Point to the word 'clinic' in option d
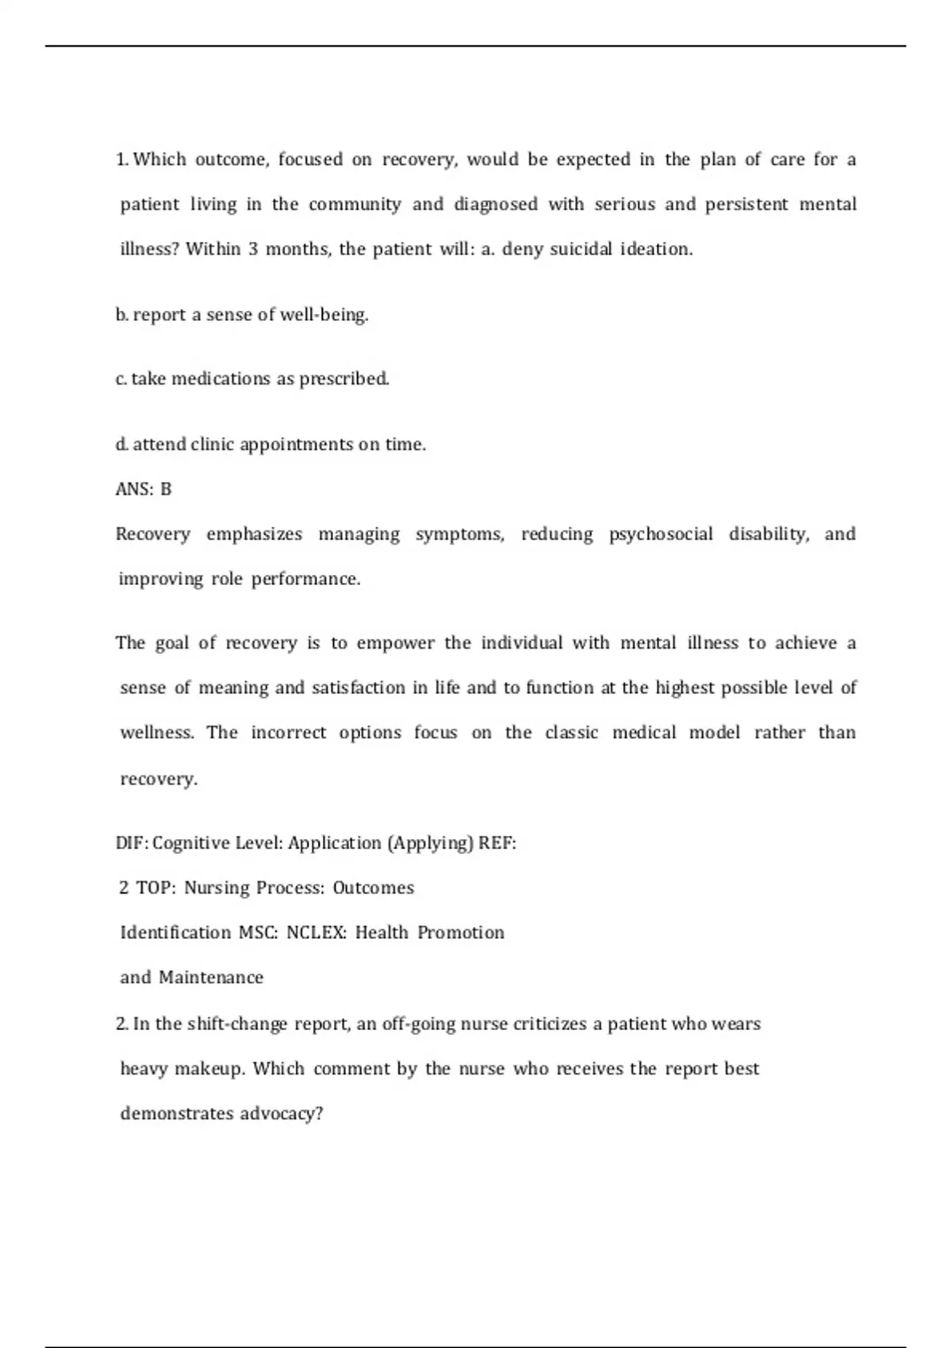pos(211,444)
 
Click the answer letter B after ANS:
pos(166,489)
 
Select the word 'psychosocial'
pos(661,534)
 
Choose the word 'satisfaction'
pos(359,687)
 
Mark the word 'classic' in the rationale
pos(571,732)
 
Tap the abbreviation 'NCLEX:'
pos(317,932)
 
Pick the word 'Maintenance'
pos(211,977)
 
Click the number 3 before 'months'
pos(253,249)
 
